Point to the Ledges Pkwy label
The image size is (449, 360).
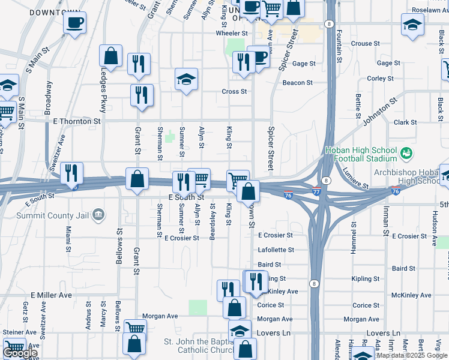point(103,90)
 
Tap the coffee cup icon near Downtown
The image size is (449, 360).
point(74,23)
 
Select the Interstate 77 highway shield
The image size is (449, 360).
point(317,192)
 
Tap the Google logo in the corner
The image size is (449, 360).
point(20,353)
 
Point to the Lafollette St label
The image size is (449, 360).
point(276,250)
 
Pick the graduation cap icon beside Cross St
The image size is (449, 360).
point(186,79)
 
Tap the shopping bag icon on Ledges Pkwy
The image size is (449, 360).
point(111,56)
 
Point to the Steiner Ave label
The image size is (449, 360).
point(20,332)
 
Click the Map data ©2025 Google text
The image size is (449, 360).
point(411,355)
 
